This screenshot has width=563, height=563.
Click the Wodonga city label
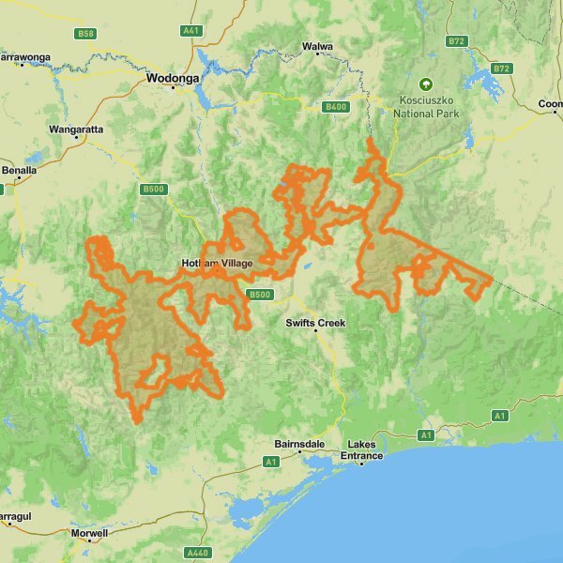coord(173,80)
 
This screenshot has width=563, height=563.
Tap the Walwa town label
coord(317,46)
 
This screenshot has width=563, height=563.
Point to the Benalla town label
coord(19,171)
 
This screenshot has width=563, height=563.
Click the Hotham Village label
coord(217,264)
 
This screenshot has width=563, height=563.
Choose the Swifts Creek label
coord(316,323)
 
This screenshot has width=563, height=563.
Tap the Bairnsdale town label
coord(300,442)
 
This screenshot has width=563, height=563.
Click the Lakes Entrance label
coord(365,449)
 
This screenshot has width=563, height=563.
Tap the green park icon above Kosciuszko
coord(426,84)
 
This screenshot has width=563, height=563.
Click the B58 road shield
coord(86,34)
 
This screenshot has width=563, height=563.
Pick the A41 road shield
coord(192,30)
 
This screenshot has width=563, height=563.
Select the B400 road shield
coord(335,107)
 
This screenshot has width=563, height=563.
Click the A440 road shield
coord(197,552)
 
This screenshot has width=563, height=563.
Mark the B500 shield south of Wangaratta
coord(154,190)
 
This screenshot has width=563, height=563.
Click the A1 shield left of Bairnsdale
coord(271,462)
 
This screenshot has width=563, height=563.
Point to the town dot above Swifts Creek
coord(316,312)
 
